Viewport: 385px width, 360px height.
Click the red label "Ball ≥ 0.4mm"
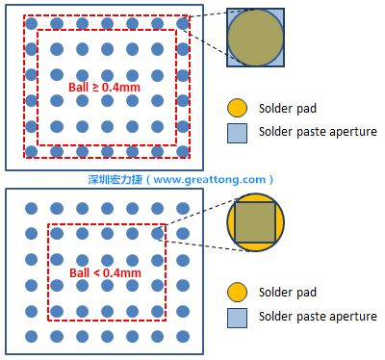pyautogui.click(x=104, y=88)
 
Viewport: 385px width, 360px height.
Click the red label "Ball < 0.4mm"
pyautogui.click(x=105, y=273)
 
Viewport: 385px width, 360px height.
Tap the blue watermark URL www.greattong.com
pyautogui.click(x=210, y=179)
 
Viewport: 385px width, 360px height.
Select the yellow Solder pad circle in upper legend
pyautogui.click(x=237, y=108)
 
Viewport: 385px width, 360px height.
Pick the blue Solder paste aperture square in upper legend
pyautogui.click(x=237, y=133)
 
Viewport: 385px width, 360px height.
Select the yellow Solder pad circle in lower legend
pyautogui.click(x=237, y=293)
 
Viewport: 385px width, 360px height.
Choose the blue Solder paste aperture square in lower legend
pyautogui.click(x=237, y=318)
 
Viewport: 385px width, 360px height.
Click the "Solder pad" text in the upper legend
pyautogui.click(x=288, y=109)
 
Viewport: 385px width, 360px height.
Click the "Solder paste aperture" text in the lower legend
pyautogui.click(x=318, y=317)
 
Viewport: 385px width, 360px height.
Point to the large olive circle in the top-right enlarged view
pyautogui.click(x=255, y=38)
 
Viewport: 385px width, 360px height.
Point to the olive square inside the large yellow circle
pyautogui.click(x=255, y=222)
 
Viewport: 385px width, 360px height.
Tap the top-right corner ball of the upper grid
pyautogui.click(x=183, y=23)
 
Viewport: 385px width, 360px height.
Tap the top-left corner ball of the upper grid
pyautogui.click(x=31, y=23)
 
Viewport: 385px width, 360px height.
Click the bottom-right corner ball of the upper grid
pyautogui.click(x=183, y=152)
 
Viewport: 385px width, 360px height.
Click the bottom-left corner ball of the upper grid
pyautogui.click(x=31, y=152)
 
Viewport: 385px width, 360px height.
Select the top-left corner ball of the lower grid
pyautogui.click(x=31, y=209)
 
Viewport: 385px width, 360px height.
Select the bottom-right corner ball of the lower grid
pyautogui.click(x=183, y=337)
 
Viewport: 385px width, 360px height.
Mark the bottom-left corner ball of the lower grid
pyautogui.click(x=31, y=337)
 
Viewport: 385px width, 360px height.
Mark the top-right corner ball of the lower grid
pyautogui.click(x=183, y=209)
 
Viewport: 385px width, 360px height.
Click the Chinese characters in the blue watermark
pyautogui.click(x=115, y=179)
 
